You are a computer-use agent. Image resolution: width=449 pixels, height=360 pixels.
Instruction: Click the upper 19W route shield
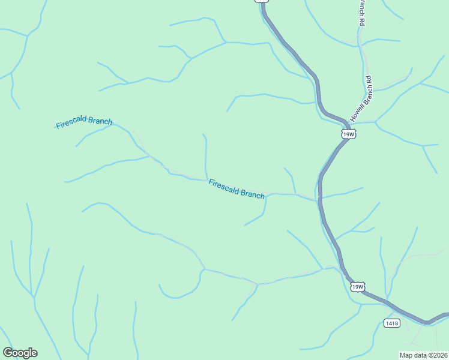pos(349,134)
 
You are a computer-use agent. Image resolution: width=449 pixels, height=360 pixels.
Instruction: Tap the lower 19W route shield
pos(357,287)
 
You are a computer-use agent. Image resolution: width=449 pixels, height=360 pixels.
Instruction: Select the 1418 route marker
pos(391,323)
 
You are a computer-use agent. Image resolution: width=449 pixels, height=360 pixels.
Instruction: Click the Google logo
pos(20,353)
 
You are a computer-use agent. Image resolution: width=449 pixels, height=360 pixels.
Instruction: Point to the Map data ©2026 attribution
pos(424,355)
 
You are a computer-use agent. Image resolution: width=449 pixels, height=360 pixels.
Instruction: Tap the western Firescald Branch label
pos(84,123)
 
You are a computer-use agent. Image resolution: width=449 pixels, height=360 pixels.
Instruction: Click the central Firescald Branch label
pos(237,188)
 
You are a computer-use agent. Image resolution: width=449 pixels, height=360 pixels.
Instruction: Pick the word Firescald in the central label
pos(224,185)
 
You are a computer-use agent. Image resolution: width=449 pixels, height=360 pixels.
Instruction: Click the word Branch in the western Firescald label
pos(100,121)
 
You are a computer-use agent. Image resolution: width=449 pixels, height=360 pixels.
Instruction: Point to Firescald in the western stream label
pos(71,124)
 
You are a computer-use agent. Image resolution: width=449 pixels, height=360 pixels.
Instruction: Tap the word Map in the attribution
pos(406,355)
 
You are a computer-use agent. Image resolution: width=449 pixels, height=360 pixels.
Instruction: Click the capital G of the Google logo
pos(8,353)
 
